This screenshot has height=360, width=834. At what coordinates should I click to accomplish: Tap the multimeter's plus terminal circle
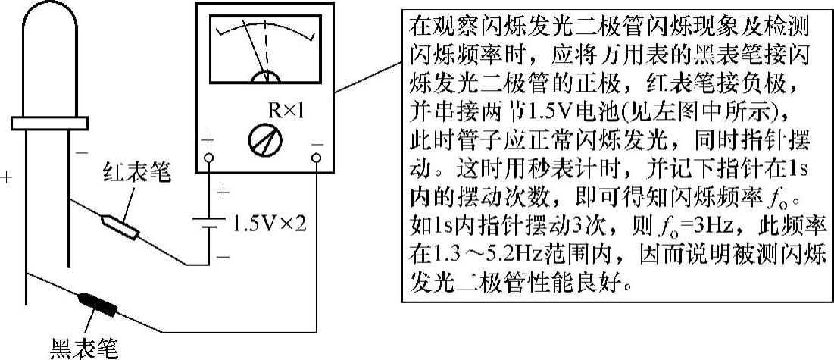210,158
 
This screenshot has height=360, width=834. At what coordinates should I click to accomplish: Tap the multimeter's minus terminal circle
316,158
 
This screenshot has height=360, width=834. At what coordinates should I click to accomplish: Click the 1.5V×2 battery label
270,224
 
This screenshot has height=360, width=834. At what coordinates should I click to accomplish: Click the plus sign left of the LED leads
8,179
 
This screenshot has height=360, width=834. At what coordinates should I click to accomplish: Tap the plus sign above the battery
222,193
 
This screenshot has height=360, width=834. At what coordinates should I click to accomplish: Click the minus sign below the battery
222,257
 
